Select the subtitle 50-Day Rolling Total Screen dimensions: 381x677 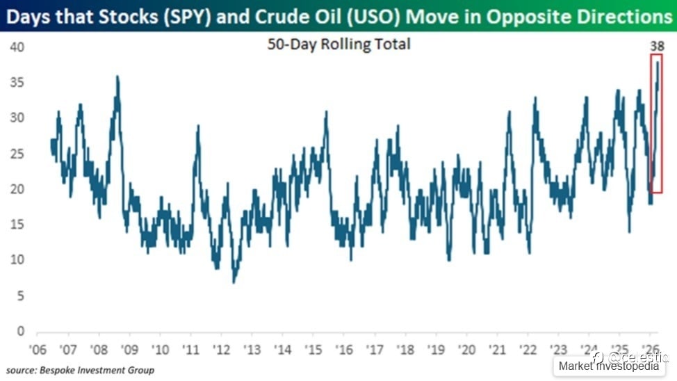(x=339, y=44)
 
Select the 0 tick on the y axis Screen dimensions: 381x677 (x=20, y=331)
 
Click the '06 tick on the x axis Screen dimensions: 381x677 (x=38, y=348)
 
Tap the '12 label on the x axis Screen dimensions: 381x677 (x=222, y=348)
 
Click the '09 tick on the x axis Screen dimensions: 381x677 (x=129, y=348)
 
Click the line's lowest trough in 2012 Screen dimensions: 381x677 (x=234, y=282)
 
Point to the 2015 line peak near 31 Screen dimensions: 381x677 (x=325, y=112)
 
